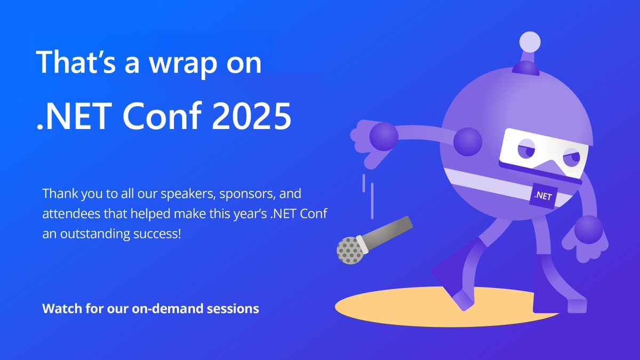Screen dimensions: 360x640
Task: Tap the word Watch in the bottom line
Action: (59, 309)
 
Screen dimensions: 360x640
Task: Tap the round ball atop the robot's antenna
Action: (530, 42)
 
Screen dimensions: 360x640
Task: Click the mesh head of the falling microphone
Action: (349, 250)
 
